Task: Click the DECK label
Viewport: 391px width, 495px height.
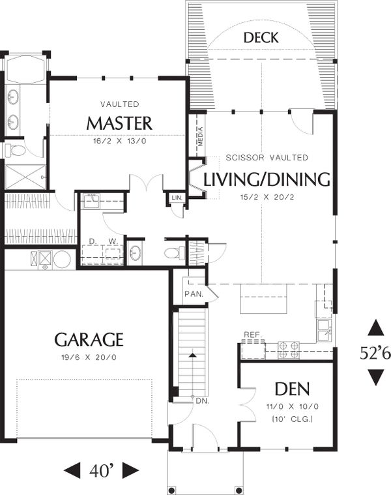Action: click(x=260, y=38)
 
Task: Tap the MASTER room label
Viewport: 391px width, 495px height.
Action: click(x=119, y=123)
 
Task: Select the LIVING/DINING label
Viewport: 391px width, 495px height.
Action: click(x=267, y=179)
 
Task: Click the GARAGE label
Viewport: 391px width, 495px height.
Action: click(x=89, y=339)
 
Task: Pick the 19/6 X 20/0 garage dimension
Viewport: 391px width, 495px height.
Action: click(x=89, y=357)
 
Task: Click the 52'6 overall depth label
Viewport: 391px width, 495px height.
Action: click(x=375, y=353)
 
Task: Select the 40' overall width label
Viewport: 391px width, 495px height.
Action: click(x=102, y=470)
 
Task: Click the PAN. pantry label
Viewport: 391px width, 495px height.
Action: click(x=194, y=294)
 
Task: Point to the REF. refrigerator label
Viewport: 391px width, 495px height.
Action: click(x=252, y=335)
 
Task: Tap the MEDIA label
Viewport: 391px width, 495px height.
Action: click(x=201, y=136)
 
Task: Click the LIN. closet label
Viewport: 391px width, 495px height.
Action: click(x=177, y=198)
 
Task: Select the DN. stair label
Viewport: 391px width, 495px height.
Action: click(x=201, y=400)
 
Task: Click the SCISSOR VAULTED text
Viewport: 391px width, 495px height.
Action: click(x=267, y=158)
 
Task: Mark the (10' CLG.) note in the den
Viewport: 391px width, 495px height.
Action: click(x=287, y=418)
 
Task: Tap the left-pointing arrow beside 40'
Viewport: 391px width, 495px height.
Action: click(x=73, y=470)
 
